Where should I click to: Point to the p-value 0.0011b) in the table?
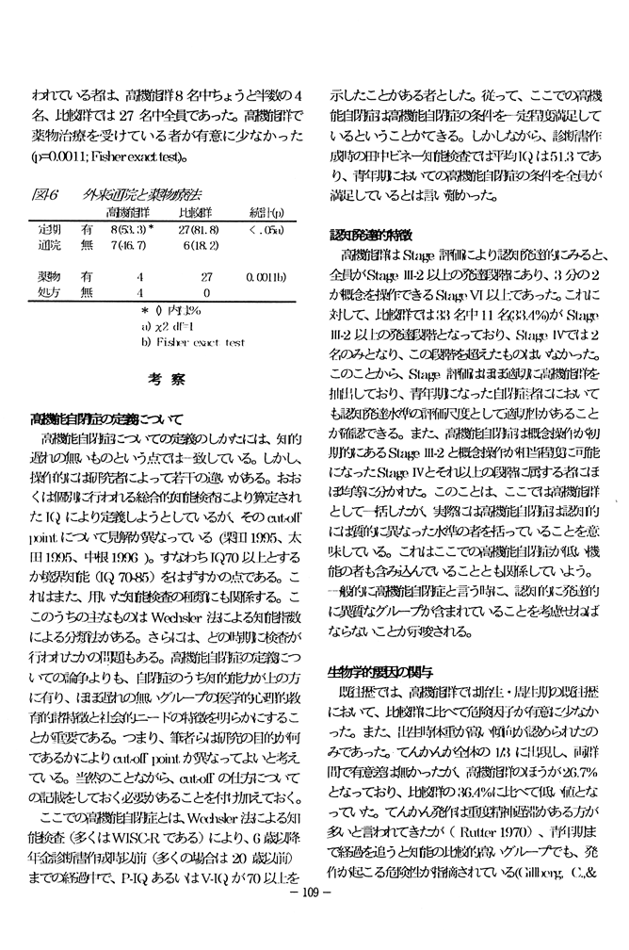pos(266,278)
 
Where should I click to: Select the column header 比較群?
pos(194,213)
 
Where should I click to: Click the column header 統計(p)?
pos(266,213)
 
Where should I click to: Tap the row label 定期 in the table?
pos(49,229)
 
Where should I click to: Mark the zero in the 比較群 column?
pos(205,293)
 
